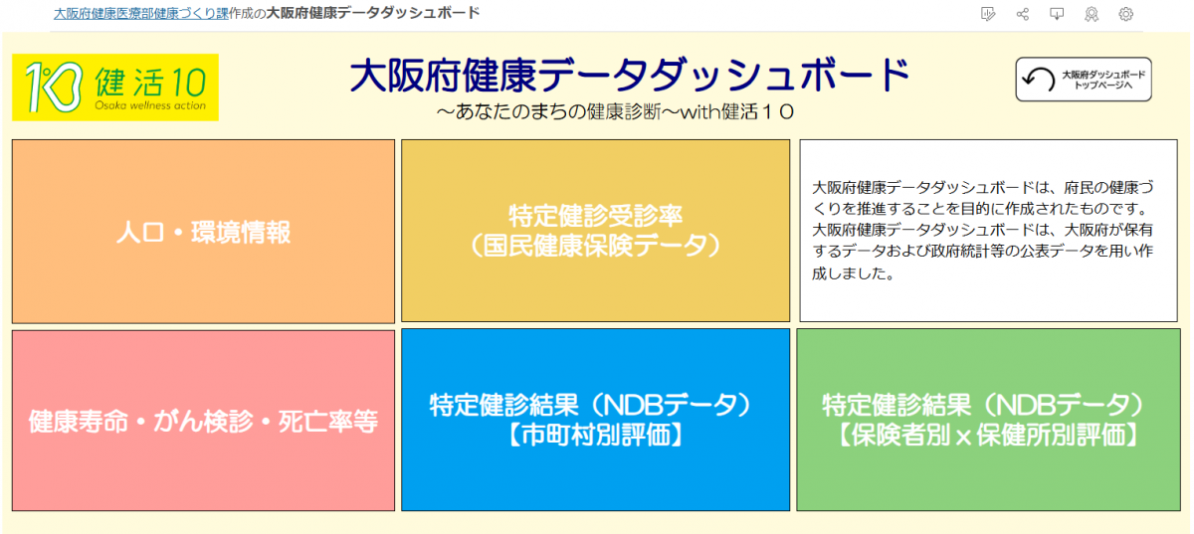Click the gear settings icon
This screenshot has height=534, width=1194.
(x=1126, y=14)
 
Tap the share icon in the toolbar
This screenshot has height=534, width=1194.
(x=1022, y=14)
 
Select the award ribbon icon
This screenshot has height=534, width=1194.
(x=1092, y=14)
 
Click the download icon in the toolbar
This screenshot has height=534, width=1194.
(x=1057, y=14)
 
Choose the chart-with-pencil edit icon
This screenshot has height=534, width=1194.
(x=987, y=14)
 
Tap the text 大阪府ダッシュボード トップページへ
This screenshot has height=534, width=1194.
(x=1102, y=80)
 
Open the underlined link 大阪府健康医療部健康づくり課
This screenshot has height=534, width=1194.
(x=140, y=13)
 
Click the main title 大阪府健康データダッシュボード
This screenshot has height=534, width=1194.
(x=630, y=76)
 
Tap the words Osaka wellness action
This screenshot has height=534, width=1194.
(x=150, y=105)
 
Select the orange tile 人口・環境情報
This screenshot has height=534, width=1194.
(x=203, y=232)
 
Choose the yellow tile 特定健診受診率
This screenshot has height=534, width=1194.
(x=595, y=216)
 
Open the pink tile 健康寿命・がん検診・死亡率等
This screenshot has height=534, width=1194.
(x=203, y=421)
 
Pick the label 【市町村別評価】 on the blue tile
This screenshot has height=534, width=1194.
(x=595, y=436)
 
